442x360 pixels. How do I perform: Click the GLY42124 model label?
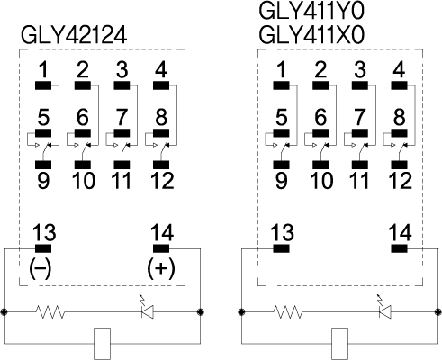(x=74, y=35)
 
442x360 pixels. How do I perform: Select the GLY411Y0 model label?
(x=311, y=11)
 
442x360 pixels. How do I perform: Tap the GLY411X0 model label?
(x=311, y=35)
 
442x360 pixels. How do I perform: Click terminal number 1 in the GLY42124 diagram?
(x=43, y=70)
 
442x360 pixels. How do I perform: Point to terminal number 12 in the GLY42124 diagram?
(x=162, y=181)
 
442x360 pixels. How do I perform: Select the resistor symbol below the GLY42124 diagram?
(x=50, y=312)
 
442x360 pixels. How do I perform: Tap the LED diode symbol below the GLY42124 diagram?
(x=148, y=309)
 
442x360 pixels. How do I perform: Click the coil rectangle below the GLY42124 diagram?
(x=102, y=344)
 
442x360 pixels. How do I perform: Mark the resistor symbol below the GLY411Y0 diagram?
(x=287, y=312)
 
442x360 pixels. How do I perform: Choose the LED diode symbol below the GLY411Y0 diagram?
(x=385, y=309)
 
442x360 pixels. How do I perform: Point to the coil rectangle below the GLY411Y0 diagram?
(x=339, y=344)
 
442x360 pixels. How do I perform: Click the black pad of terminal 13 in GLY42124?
(x=43, y=248)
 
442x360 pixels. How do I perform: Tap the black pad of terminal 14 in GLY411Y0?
(x=399, y=248)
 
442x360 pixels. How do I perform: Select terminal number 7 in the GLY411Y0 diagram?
(x=360, y=117)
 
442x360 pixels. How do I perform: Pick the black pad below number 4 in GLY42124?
(x=161, y=85)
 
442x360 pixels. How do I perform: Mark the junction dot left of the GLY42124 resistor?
(x=5, y=312)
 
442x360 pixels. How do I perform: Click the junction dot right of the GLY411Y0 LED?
(x=438, y=312)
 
